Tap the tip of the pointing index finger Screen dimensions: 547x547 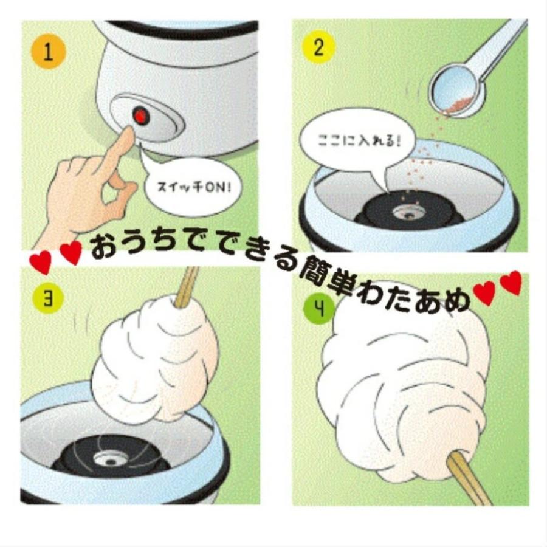[x=127, y=134]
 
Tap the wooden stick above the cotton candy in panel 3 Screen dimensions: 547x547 [x=187, y=284]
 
